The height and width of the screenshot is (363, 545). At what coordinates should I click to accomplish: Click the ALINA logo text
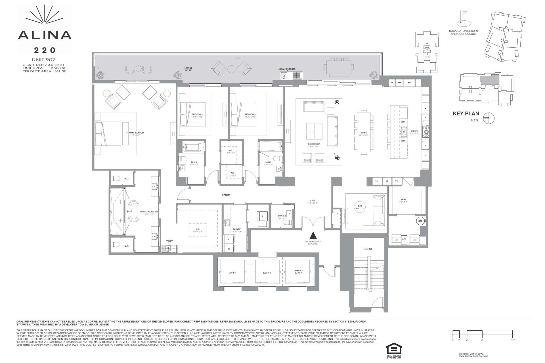pos(45,35)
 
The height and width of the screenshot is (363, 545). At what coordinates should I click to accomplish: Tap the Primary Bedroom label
pos(135,133)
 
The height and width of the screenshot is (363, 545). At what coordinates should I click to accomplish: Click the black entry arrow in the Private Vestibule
pos(313,235)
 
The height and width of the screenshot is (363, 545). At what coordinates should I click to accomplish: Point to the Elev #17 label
pos(232,273)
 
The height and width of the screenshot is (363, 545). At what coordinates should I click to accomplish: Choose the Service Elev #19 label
pos(299,272)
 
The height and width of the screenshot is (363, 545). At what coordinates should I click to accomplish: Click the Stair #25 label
pos(368,249)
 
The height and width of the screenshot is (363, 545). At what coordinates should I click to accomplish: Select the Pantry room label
pos(403,200)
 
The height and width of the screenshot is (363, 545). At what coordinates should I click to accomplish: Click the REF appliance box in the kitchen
pos(410,83)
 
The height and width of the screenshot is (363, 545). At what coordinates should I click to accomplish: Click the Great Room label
pos(314,144)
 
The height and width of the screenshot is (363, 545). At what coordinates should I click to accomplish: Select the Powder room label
pos(282,216)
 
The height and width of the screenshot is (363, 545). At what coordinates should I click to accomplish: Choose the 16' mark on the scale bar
pos(513,340)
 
